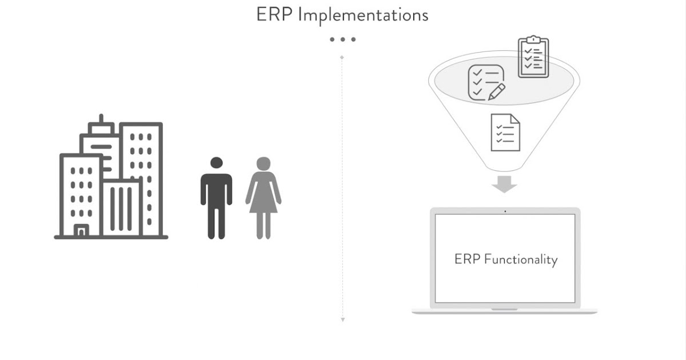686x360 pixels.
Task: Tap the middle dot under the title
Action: (x=342, y=39)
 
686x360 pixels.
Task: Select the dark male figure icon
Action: (x=216, y=197)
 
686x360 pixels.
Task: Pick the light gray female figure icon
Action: (x=263, y=197)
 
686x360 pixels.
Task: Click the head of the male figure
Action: (x=216, y=163)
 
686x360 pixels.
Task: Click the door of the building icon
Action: (x=81, y=230)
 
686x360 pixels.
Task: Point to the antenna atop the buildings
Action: (x=101, y=120)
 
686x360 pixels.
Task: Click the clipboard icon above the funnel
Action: (x=533, y=57)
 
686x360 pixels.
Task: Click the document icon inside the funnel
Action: (x=505, y=133)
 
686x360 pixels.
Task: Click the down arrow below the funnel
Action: (x=504, y=185)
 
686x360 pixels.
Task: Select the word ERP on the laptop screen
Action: (x=467, y=259)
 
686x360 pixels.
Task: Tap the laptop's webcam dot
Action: (x=505, y=211)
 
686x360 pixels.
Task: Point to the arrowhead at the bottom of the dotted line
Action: (x=342, y=319)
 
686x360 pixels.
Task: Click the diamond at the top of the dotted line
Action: (x=342, y=58)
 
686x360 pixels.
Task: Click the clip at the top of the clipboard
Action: (x=533, y=39)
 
